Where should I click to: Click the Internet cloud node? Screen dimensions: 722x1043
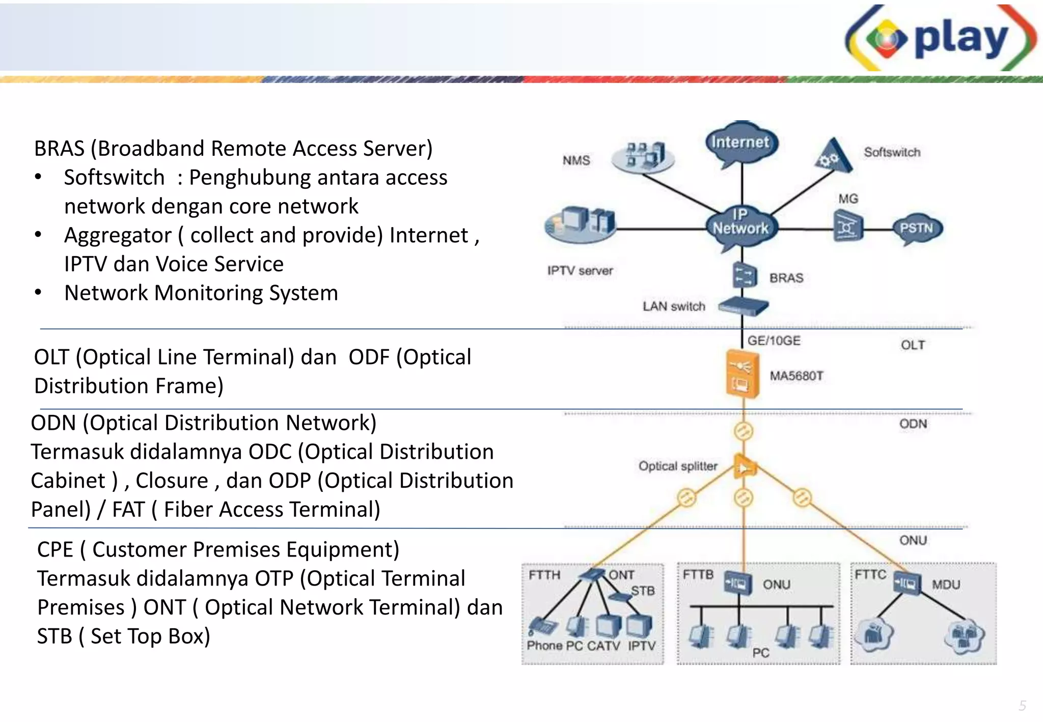(741, 143)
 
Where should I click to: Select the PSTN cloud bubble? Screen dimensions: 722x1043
(917, 228)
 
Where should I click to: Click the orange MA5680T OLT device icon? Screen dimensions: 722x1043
(742, 374)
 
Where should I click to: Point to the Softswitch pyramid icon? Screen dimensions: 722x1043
(833, 156)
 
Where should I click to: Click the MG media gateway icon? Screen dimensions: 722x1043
(848, 227)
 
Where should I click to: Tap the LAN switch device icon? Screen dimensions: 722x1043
(743, 306)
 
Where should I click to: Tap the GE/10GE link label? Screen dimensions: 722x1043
(774, 341)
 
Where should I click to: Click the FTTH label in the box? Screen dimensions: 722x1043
(544, 575)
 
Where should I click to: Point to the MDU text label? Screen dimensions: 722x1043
(946, 585)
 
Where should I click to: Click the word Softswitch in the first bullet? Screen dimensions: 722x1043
(114, 178)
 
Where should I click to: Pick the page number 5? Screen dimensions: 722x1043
(1022, 706)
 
